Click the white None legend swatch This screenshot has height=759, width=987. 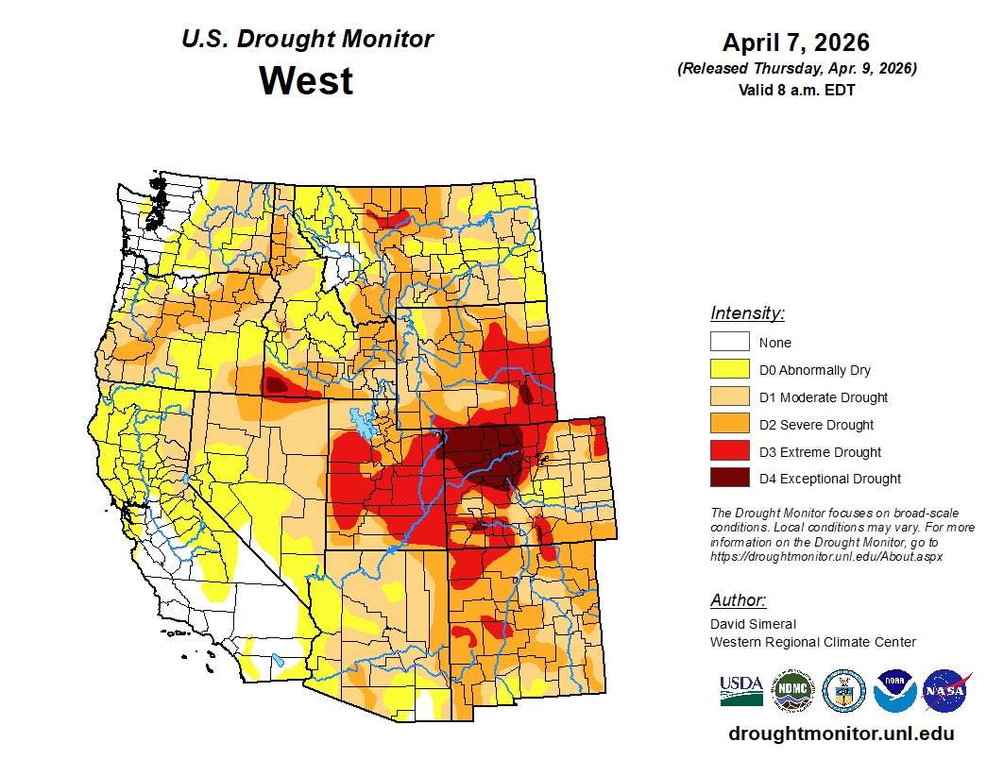tap(729, 343)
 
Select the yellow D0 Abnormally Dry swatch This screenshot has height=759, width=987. tap(729, 370)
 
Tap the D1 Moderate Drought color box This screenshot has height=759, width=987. tap(729, 397)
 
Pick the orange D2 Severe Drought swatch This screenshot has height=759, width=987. tap(729, 425)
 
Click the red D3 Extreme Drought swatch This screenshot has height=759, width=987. tap(729, 451)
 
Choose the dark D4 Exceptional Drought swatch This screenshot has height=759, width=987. tap(729, 479)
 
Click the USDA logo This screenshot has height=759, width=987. tap(741, 691)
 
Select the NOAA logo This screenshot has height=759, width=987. tap(894, 691)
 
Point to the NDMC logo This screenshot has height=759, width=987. tap(792, 691)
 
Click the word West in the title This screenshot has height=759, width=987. tap(306, 80)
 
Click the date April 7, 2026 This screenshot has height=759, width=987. tap(796, 42)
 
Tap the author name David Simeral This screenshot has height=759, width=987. tap(753, 624)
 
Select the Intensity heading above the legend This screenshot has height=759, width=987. tap(747, 313)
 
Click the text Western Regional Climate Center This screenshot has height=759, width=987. tap(812, 642)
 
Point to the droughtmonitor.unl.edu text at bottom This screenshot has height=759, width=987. tap(841, 734)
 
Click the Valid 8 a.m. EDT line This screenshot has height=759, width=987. tap(796, 90)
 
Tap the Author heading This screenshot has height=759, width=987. tap(738, 600)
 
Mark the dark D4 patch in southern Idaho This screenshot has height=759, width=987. tap(275, 384)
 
